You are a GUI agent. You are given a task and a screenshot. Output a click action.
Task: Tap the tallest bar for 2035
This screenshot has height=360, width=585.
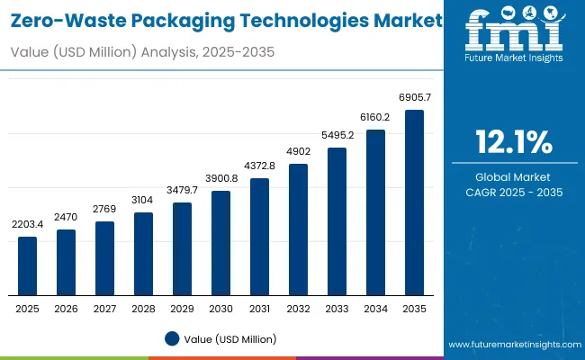(414, 202)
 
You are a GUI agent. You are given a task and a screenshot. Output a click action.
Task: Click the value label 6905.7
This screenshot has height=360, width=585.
(414, 97)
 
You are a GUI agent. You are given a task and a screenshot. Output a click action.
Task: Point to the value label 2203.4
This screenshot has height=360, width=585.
(28, 223)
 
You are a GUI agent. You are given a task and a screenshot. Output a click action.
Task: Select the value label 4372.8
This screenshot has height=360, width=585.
(260, 166)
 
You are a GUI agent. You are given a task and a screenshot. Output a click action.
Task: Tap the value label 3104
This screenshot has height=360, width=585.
(144, 200)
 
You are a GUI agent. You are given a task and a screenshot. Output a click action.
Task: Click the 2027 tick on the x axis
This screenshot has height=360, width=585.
(105, 308)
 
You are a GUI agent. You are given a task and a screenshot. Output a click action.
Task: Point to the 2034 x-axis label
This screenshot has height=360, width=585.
(375, 308)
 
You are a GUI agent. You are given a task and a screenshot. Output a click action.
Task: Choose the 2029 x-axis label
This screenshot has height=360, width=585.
(183, 308)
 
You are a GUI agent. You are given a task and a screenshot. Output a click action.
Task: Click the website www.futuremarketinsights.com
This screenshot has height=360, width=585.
(513, 345)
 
